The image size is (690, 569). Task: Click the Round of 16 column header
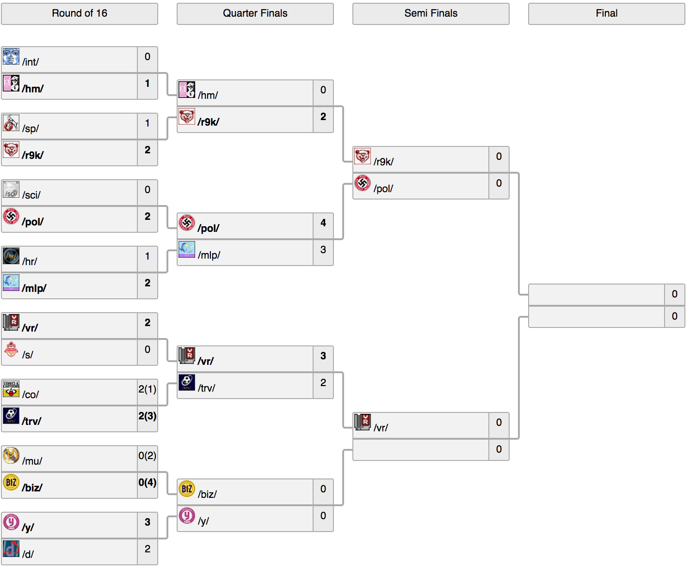click(x=79, y=13)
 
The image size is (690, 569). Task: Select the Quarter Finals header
click(x=255, y=13)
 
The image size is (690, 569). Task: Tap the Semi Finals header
click(x=431, y=13)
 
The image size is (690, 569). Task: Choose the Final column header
click(x=607, y=13)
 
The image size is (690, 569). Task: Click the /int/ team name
click(x=31, y=62)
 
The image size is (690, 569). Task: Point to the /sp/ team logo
click(x=11, y=123)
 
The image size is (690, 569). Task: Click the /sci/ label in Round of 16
click(x=31, y=195)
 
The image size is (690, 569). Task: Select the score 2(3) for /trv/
click(x=148, y=416)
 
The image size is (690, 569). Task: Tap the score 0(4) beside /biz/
click(x=148, y=483)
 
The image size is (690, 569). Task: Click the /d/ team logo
click(x=11, y=549)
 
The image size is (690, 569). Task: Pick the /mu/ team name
click(x=32, y=461)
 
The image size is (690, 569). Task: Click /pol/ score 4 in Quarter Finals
click(x=323, y=223)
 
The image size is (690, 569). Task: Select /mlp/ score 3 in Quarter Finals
click(x=323, y=249)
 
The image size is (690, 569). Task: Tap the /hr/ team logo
click(x=11, y=256)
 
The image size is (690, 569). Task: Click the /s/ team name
click(x=27, y=355)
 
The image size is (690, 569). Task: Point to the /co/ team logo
click(x=11, y=389)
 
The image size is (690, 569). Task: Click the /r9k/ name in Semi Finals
click(x=384, y=162)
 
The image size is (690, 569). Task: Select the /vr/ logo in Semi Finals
click(x=363, y=423)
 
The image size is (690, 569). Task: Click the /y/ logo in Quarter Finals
click(x=187, y=515)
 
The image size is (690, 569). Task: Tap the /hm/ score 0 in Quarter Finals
click(x=323, y=90)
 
